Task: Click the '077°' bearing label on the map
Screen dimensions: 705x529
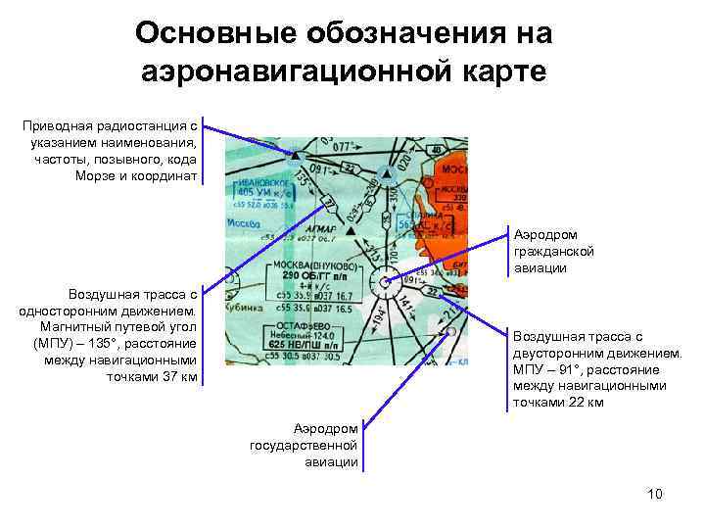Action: tap(344, 147)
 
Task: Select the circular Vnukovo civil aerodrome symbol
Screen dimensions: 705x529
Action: tap(387, 283)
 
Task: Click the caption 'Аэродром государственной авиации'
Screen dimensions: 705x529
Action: tap(305, 445)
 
